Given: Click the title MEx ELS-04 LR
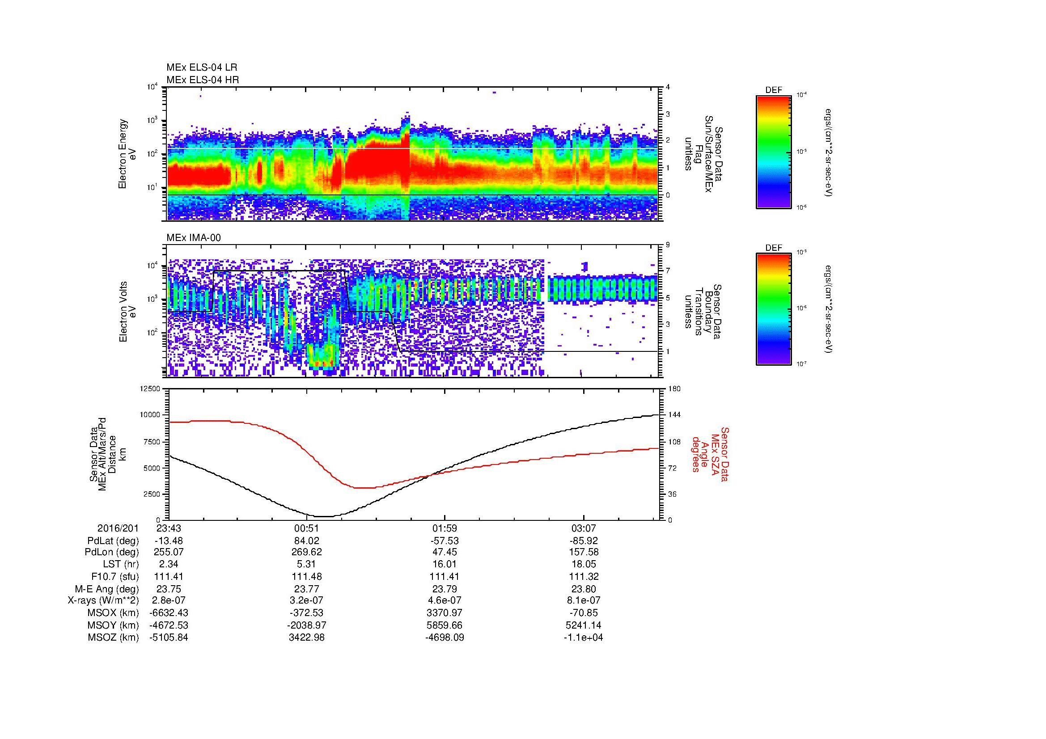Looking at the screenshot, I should pyautogui.click(x=201, y=68).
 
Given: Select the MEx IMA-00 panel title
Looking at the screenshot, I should pyautogui.click(x=194, y=238).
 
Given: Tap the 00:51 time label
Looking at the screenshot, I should pyautogui.click(x=307, y=528).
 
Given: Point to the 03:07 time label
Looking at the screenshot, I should pyautogui.click(x=583, y=528).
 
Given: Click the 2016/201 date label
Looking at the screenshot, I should pyautogui.click(x=118, y=528).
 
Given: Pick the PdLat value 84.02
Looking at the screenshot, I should pyautogui.click(x=307, y=541).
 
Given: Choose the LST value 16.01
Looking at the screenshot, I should pyautogui.click(x=445, y=565).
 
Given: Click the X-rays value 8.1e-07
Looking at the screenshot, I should pyautogui.click(x=583, y=600).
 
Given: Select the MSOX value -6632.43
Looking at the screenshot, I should pyautogui.click(x=169, y=613).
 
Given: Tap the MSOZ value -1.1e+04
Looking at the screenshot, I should pyautogui.click(x=583, y=638).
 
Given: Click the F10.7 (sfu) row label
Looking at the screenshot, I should pyautogui.click(x=114, y=577).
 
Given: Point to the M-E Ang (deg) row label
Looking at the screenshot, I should pyautogui.click(x=107, y=589).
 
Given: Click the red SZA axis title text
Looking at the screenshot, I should pyautogui.click(x=710, y=454).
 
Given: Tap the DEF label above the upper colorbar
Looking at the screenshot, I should pyautogui.click(x=774, y=90).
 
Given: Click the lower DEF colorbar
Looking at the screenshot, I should pyautogui.click(x=773, y=310).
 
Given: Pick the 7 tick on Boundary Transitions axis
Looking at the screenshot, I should pyautogui.click(x=668, y=271).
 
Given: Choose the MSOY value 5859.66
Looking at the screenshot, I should pyautogui.click(x=445, y=625).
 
